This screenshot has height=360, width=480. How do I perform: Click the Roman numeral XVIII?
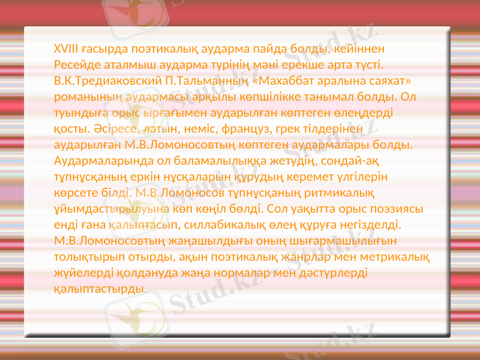pos(66,48)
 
